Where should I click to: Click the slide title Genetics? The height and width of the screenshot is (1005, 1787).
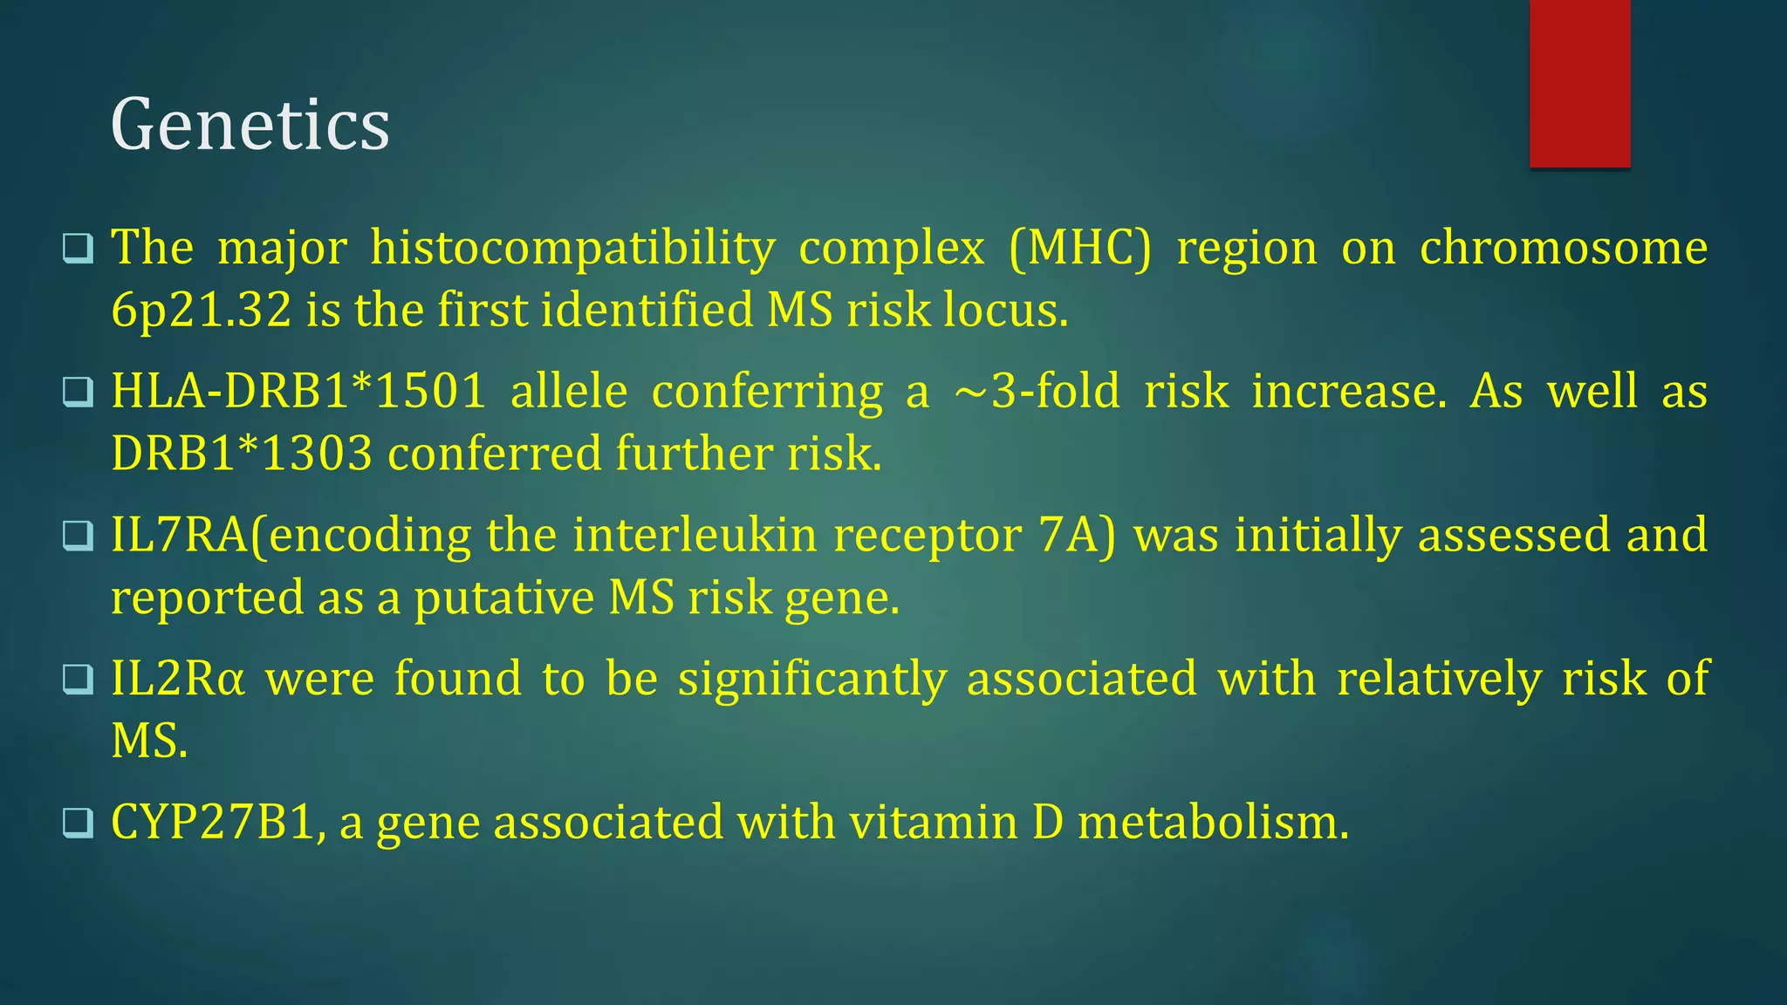click(250, 126)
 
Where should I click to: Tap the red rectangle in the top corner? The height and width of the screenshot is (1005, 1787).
click(1579, 84)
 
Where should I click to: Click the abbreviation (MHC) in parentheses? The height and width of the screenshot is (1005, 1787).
click(1080, 248)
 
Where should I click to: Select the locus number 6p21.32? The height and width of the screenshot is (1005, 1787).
click(201, 311)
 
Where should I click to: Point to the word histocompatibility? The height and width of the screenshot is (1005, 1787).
click(572, 248)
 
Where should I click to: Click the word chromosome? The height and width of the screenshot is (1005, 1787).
click(1563, 248)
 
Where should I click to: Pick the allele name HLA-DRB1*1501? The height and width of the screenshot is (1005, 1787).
click(298, 391)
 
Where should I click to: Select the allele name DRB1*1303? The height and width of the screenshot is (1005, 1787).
click(242, 454)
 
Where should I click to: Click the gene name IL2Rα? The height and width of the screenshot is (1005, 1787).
click(177, 678)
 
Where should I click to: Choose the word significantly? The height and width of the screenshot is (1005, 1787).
click(811, 680)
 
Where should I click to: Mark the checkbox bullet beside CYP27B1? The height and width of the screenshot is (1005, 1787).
click(78, 823)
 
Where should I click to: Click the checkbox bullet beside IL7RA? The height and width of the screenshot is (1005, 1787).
click(78, 536)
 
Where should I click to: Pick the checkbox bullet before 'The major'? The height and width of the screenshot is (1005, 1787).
click(78, 249)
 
